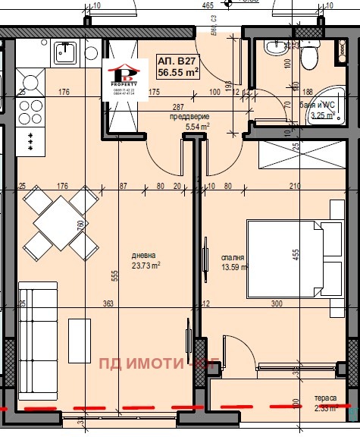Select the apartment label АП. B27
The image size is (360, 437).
click(173, 62)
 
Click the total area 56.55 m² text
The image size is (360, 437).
click(177, 74)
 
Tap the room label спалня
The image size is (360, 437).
click(231, 257)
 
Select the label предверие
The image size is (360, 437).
click(188, 118)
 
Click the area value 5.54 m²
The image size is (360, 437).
click(197, 127)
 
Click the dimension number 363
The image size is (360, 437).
click(108, 303)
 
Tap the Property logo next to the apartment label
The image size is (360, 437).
click(124, 75)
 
